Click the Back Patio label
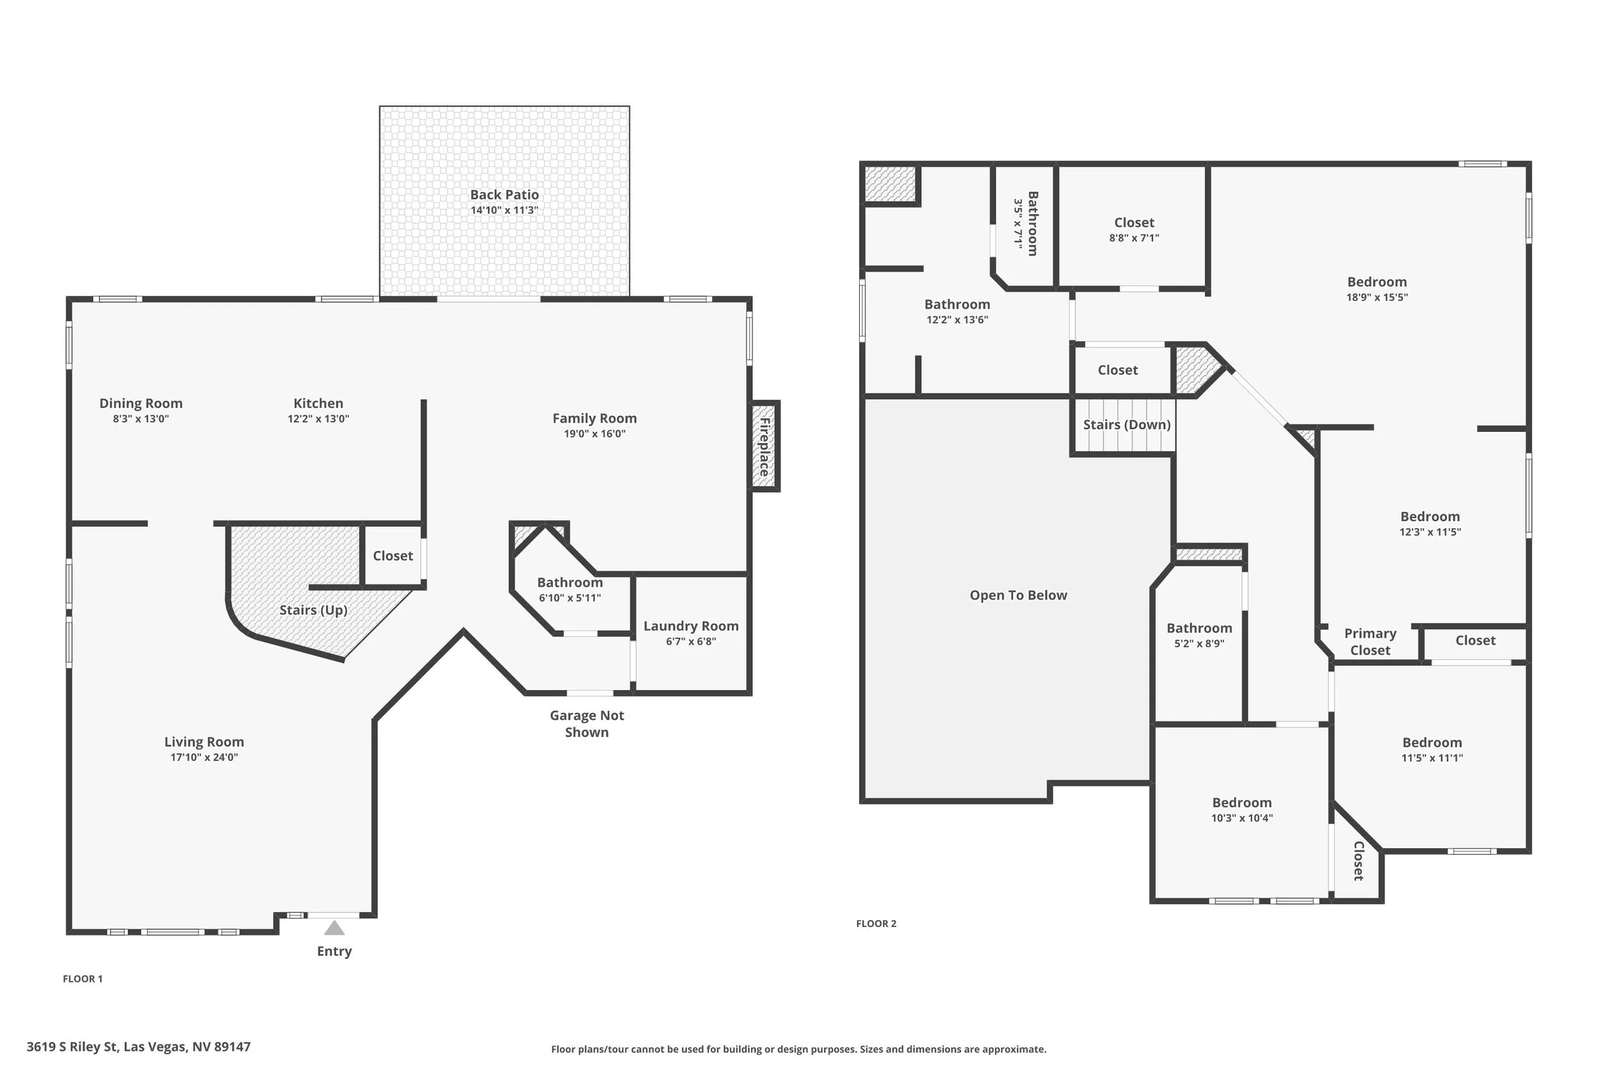(504, 195)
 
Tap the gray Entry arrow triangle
(334, 928)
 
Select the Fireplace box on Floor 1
(764, 445)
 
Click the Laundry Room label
(691, 626)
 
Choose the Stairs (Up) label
(313, 610)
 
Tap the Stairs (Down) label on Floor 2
(1126, 424)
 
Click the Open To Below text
(1018, 595)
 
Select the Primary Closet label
(1370, 642)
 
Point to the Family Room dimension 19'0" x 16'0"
(594, 434)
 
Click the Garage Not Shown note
(586, 723)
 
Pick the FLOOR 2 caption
(876, 924)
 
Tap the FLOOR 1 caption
(82, 979)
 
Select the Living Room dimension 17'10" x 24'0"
(204, 757)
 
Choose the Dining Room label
(141, 404)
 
